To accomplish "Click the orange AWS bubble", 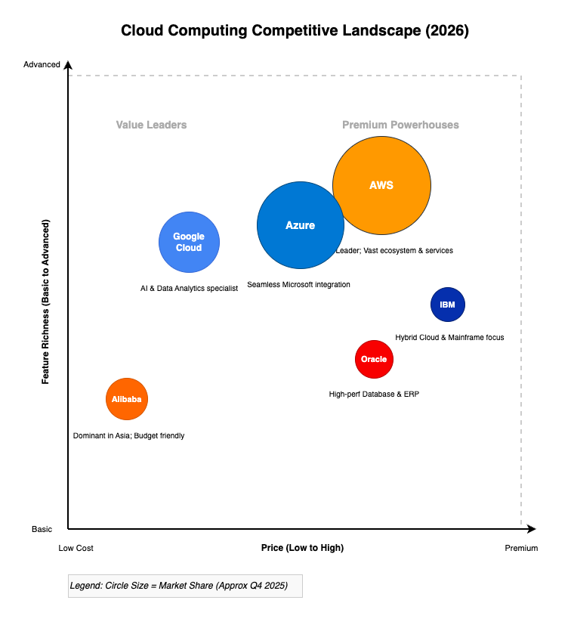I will pyautogui.click(x=381, y=185).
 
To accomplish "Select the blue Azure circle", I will pyautogui.click(x=301, y=225).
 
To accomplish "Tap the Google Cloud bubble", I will pyautogui.click(x=189, y=242).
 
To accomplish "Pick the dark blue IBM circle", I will pyautogui.click(x=448, y=305).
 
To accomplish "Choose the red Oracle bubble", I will pyautogui.click(x=374, y=359).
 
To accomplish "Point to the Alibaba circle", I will pyautogui.click(x=127, y=399).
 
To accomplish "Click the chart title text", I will pyautogui.click(x=295, y=31).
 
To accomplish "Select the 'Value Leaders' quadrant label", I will pyautogui.click(x=151, y=125).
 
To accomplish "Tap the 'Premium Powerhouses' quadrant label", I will pyautogui.click(x=400, y=125).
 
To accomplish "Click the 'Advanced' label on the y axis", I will pyautogui.click(x=42, y=64).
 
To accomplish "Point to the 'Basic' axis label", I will pyautogui.click(x=42, y=529).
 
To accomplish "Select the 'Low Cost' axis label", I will pyautogui.click(x=76, y=548).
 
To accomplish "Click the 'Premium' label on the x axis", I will pyautogui.click(x=521, y=548).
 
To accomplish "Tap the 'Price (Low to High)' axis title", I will pyautogui.click(x=302, y=548).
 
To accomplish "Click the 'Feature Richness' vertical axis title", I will pyautogui.click(x=46, y=302).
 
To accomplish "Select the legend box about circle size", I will pyautogui.click(x=185, y=586).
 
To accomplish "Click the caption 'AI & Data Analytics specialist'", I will pyautogui.click(x=189, y=288).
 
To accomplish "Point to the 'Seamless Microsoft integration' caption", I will pyautogui.click(x=298, y=285).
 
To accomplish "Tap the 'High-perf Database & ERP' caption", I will pyautogui.click(x=374, y=394).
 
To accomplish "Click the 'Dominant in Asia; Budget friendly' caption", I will pyautogui.click(x=128, y=436).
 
